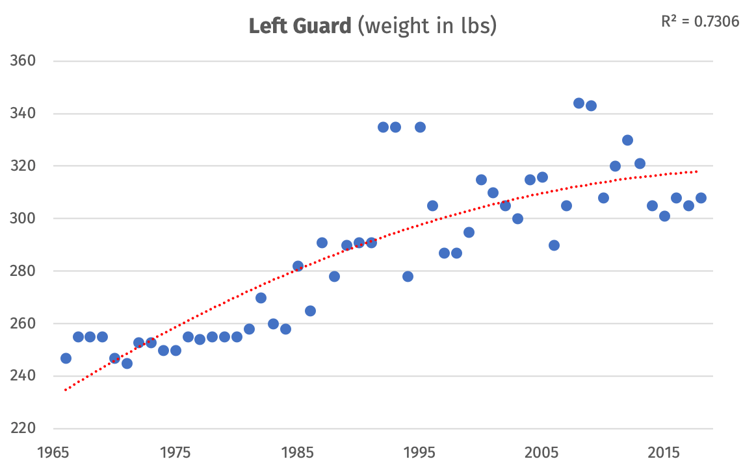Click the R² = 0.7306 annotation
pos(699,21)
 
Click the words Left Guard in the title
pos(300,27)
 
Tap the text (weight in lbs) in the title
pos(427,27)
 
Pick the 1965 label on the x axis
pos(54,452)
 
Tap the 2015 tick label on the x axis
pos(664,452)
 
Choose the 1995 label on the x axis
pos(420,452)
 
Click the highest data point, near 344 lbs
pos(579,103)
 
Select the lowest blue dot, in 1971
pos(127,363)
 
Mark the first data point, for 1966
pos(66,358)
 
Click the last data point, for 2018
pos(701,198)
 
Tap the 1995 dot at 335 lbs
pos(420,127)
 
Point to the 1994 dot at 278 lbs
pos(408,277)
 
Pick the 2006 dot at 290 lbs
pos(554,245)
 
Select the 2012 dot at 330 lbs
pos(627,140)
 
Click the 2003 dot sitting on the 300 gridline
pos(517,219)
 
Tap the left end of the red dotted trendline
pos(66,390)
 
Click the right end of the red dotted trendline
pos(697,171)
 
